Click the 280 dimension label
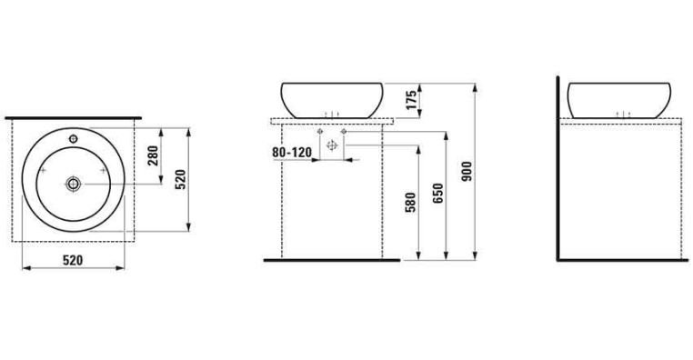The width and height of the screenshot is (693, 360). (153, 155)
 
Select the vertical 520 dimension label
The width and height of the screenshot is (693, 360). (180, 179)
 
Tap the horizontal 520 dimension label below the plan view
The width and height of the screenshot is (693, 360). (73, 260)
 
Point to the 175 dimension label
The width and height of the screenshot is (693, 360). (411, 100)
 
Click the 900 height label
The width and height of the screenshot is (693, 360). (467, 172)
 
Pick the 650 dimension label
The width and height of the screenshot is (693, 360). (437, 194)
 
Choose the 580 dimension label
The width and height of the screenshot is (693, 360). (410, 203)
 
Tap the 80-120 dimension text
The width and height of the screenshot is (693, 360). (292, 153)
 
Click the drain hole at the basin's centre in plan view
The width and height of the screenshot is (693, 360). (74, 184)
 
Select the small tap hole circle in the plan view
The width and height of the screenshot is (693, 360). (74, 139)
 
